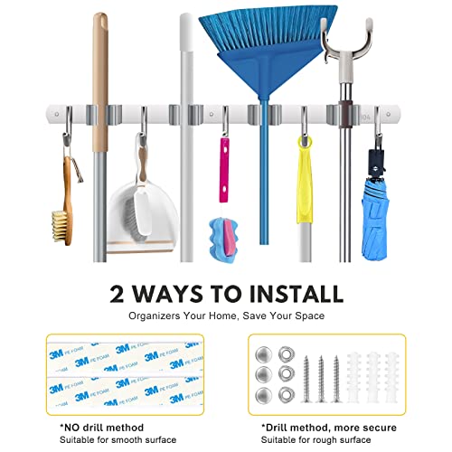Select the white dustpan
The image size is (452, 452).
[x=140, y=208]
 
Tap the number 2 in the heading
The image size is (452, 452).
[x=120, y=294]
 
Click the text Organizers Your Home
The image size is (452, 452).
[x=185, y=315]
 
